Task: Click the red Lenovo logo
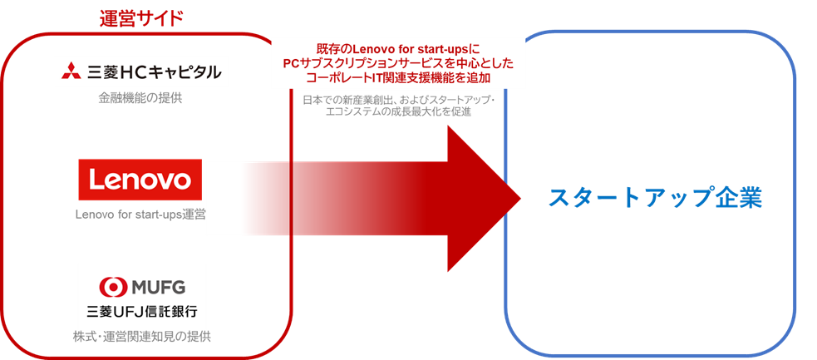140,180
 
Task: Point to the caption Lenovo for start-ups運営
140,215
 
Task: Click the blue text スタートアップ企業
655,197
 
